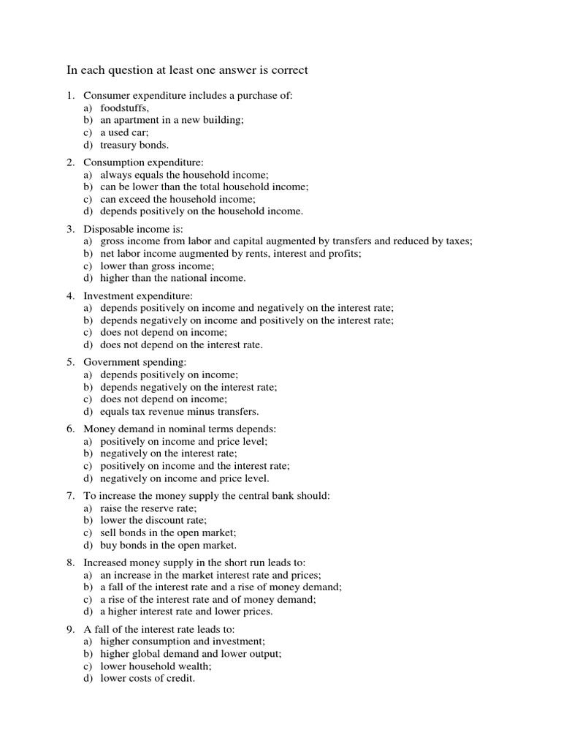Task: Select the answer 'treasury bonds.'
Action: tap(134, 145)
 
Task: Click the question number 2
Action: tap(70, 162)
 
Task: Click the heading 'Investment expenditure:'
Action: tap(138, 296)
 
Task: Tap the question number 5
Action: tap(70, 362)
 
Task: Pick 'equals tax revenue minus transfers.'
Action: tap(180, 411)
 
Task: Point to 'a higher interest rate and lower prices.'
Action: tap(186, 611)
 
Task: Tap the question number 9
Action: tap(70, 629)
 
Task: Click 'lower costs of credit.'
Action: tap(148, 678)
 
